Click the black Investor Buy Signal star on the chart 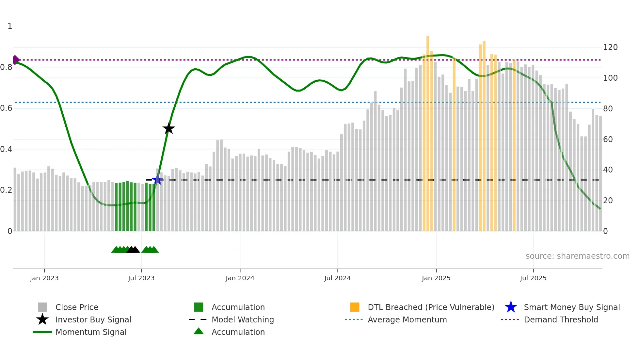point(169,128)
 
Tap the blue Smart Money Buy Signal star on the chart point(157,179)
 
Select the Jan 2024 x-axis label point(240,278)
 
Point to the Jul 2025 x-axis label point(533,278)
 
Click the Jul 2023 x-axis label point(141,278)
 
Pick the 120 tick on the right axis point(610,47)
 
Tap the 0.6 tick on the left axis point(7,108)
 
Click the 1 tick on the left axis point(10,26)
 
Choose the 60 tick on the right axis point(608,139)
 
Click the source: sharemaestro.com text point(577,256)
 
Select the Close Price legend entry point(77,307)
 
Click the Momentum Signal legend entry point(91,332)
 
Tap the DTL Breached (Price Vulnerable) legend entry point(431,307)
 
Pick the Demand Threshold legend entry point(561,319)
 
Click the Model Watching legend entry point(243,319)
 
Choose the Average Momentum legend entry point(407,319)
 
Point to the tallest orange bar point(428,131)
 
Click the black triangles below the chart point(133,250)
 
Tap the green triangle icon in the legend point(199,331)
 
